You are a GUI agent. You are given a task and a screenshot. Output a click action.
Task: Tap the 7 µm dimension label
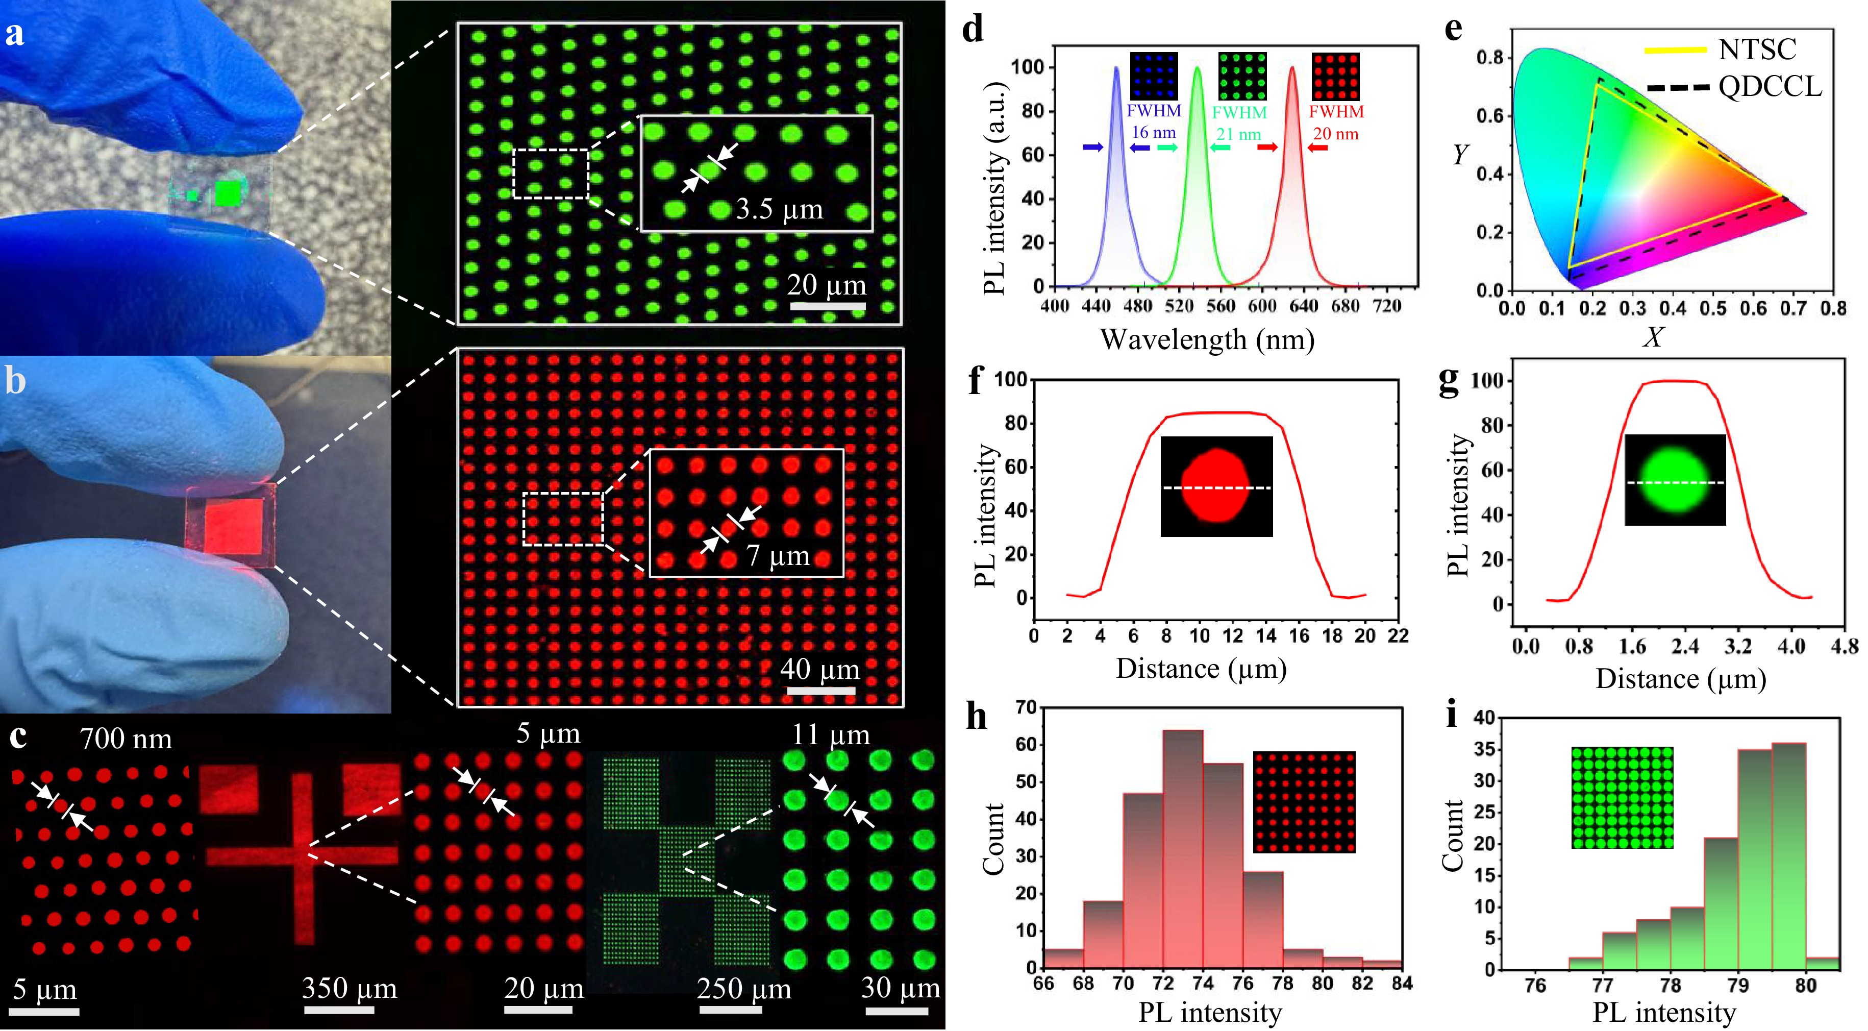click(x=778, y=556)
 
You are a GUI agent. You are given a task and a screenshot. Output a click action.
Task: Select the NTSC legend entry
click(x=1757, y=50)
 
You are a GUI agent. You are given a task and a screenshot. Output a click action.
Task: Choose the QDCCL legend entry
click(x=1770, y=86)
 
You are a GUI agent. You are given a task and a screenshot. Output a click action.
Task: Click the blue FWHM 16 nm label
click(x=1154, y=121)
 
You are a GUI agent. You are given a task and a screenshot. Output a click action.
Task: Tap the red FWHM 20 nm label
click(x=1336, y=122)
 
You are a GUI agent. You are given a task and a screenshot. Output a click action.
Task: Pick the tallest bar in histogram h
click(x=1183, y=849)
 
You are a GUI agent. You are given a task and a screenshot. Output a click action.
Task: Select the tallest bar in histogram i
click(x=1788, y=856)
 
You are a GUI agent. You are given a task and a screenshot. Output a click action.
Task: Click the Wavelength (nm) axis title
click(x=1207, y=339)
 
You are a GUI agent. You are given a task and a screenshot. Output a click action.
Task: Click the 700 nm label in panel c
click(x=126, y=740)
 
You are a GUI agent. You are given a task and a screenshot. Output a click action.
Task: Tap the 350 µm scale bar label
click(x=350, y=988)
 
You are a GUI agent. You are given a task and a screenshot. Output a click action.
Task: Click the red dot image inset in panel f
click(x=1217, y=486)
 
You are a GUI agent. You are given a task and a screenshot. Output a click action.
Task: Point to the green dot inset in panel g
click(x=1675, y=480)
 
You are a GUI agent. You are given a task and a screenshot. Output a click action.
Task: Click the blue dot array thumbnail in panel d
click(x=1155, y=76)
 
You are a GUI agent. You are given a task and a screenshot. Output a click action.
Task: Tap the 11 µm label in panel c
click(x=831, y=735)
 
